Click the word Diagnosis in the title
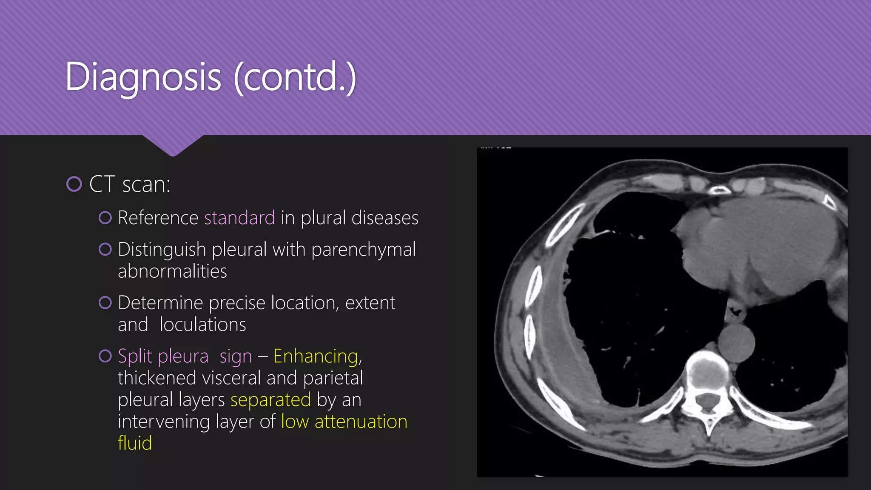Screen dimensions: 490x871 coord(143,77)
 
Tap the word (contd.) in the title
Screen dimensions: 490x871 coord(295,77)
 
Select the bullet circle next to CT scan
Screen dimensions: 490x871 coord(74,184)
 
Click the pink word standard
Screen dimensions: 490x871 coord(239,218)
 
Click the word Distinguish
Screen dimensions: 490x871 coord(162,250)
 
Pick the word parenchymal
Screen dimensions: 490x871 coord(364,250)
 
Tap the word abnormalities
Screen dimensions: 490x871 coord(172,271)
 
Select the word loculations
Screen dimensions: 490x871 coord(203,325)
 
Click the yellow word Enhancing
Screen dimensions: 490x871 coord(316,356)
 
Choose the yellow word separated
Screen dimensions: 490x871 coord(271,400)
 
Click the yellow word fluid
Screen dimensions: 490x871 coord(135,443)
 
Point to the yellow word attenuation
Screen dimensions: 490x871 coord(361,422)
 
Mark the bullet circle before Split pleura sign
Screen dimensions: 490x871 coord(105,356)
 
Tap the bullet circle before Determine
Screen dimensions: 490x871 coord(105,303)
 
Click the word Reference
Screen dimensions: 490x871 coord(158,218)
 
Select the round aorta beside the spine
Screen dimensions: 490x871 coord(736,342)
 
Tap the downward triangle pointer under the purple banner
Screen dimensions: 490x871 coord(173,146)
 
